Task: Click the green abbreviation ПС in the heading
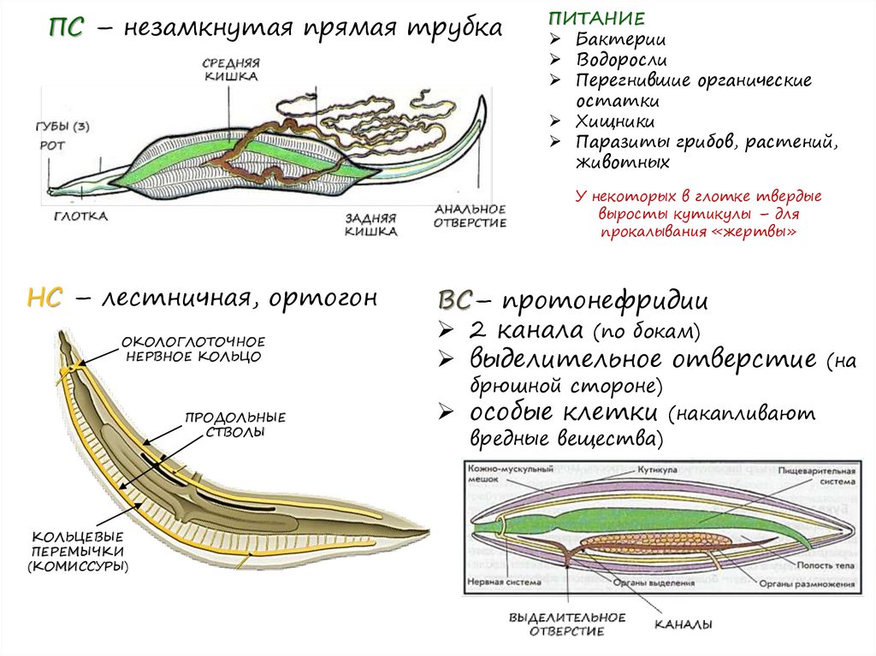pyautogui.click(x=66, y=28)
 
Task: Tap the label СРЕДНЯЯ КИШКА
pyautogui.click(x=231, y=69)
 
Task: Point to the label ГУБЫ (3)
pyautogui.click(x=63, y=127)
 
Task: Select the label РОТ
pyautogui.click(x=52, y=145)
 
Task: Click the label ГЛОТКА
pyautogui.click(x=81, y=216)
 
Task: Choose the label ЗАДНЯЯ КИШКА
pyautogui.click(x=371, y=225)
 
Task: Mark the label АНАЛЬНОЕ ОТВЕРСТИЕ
pyautogui.click(x=470, y=216)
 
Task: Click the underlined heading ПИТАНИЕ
pyautogui.click(x=585, y=18)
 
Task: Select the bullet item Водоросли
pyautogui.click(x=621, y=60)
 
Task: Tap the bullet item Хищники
pyautogui.click(x=616, y=121)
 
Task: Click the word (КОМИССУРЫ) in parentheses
pyautogui.click(x=78, y=566)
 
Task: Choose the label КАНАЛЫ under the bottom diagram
pyautogui.click(x=684, y=624)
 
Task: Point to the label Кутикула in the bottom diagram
pyautogui.click(x=658, y=470)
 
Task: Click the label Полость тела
pyautogui.click(x=822, y=565)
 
